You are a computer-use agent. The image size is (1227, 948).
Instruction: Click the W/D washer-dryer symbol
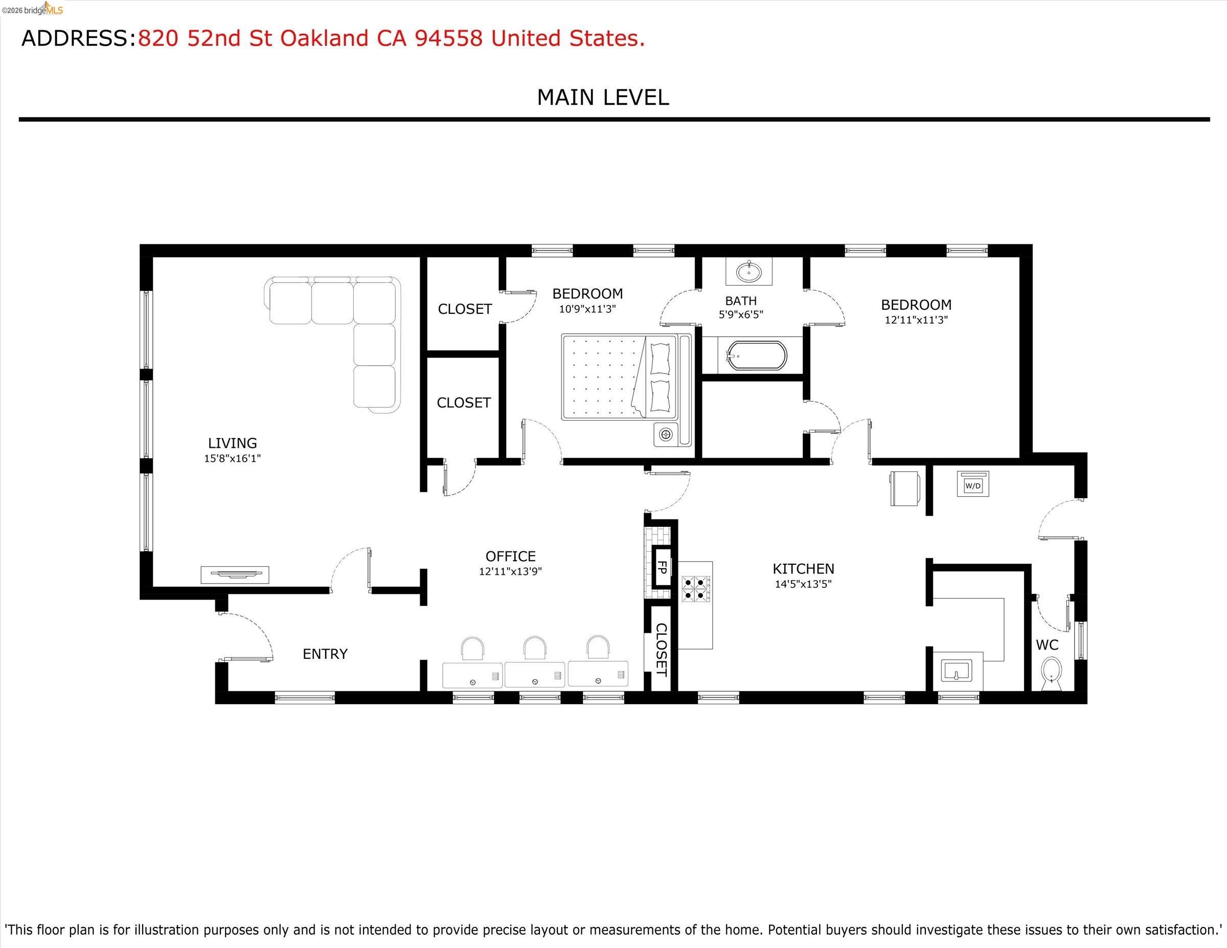tap(972, 484)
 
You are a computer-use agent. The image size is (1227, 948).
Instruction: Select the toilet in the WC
tap(1051, 674)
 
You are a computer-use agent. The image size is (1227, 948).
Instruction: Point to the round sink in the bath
tap(748, 273)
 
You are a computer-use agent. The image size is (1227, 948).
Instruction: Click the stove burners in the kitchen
tap(695, 589)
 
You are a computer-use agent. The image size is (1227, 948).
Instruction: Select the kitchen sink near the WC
tap(958, 671)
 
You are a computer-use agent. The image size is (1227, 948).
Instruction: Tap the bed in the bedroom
tap(618, 377)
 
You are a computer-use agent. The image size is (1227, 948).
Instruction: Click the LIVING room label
tap(232, 443)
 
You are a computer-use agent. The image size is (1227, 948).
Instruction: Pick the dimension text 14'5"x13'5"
tap(803, 584)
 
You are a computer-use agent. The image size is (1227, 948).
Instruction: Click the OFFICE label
tap(510, 557)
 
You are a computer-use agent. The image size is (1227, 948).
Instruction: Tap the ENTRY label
tap(325, 654)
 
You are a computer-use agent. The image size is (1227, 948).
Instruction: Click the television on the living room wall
tap(235, 574)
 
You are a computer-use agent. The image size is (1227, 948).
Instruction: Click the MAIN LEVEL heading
tap(603, 98)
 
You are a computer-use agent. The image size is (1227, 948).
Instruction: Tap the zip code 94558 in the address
tap(448, 38)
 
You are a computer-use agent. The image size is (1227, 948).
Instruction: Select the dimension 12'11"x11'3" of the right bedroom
tap(916, 320)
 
